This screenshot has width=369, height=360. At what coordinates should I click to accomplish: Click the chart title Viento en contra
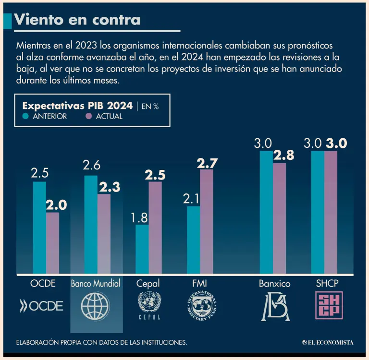point(77,19)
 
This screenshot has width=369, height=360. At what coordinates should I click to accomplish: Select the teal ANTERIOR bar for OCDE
point(39,228)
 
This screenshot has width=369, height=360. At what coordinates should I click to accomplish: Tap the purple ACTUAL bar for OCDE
point(53,243)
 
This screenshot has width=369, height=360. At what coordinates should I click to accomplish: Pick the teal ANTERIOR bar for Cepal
point(142,250)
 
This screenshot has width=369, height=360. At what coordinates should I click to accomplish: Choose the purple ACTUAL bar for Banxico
point(279,218)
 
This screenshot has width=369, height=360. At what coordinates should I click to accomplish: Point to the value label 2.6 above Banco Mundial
point(91,166)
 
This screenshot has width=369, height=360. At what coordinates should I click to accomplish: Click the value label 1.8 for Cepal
point(139,217)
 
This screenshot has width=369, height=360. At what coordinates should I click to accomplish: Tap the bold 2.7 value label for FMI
point(207,163)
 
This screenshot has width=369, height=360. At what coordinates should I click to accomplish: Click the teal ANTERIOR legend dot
point(26,116)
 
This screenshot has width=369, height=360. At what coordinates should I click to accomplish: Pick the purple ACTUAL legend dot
point(88,116)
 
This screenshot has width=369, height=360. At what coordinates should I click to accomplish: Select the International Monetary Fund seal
point(201,305)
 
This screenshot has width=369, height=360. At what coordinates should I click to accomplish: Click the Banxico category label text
point(274,284)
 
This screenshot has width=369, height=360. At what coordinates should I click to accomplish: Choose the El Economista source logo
point(328,342)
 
